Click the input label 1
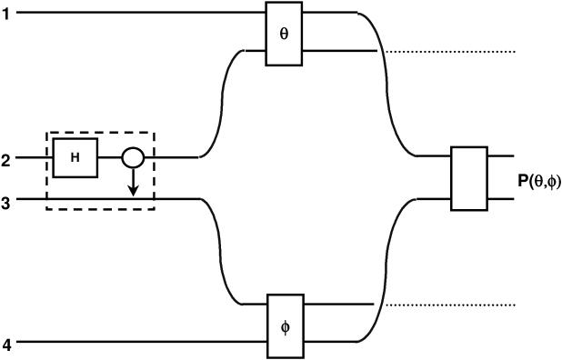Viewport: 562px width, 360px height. pos(5,13)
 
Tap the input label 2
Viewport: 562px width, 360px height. pos(5,161)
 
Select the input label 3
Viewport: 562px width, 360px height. pos(5,203)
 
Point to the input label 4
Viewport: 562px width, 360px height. pos(5,345)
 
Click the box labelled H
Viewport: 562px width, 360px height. pos(75,157)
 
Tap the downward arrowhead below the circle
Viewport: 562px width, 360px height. pos(133,191)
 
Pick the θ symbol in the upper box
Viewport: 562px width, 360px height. pos(283,32)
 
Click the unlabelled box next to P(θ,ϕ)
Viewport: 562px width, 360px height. pos(470,176)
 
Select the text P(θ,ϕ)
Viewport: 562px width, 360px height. pos(539,181)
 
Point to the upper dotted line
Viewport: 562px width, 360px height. pos(450,51)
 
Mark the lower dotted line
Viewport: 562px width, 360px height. pos(450,304)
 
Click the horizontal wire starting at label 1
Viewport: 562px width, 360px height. pos(136,13)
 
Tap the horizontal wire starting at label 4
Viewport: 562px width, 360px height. pos(136,343)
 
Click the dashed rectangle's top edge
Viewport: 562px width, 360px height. pos(100,132)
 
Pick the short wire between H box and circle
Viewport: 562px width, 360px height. pos(110,157)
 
